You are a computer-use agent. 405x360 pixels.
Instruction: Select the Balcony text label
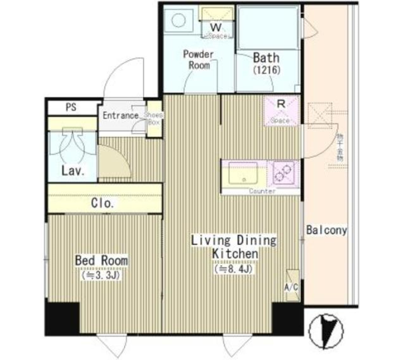click(x=327, y=230)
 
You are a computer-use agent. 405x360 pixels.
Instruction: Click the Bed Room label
click(x=101, y=261)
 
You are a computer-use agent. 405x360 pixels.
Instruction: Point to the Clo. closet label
click(x=103, y=204)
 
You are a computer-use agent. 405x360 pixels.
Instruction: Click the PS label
click(x=71, y=107)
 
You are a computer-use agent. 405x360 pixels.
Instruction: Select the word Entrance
click(x=121, y=115)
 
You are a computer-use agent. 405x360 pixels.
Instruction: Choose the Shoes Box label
click(x=154, y=118)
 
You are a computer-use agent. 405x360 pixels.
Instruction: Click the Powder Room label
click(x=198, y=59)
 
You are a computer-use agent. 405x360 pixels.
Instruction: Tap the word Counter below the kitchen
click(x=262, y=191)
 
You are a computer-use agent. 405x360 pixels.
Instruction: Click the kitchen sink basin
click(x=243, y=173)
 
